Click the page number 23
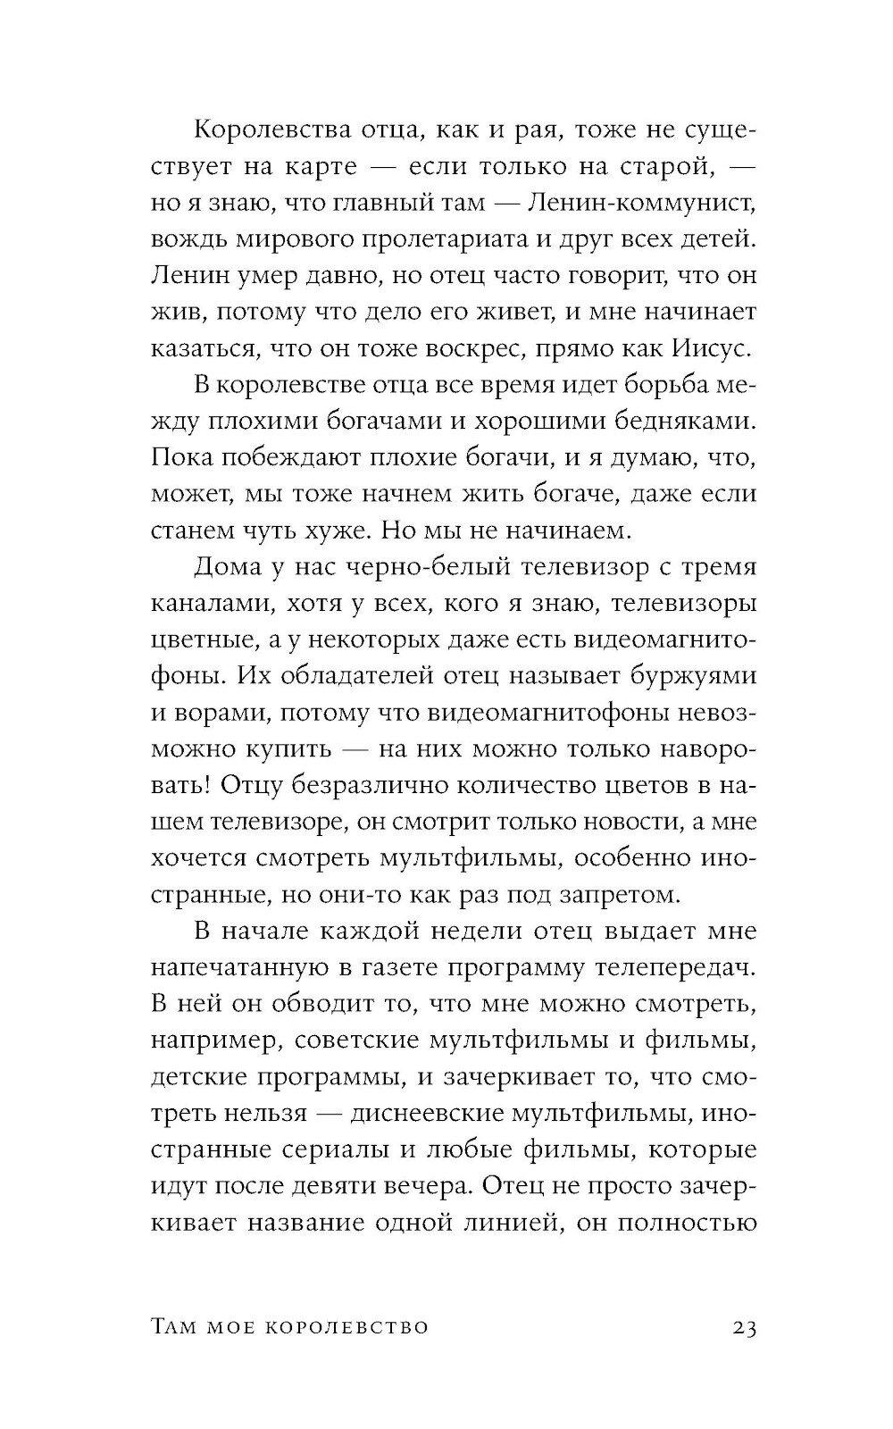tap(744, 1328)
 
